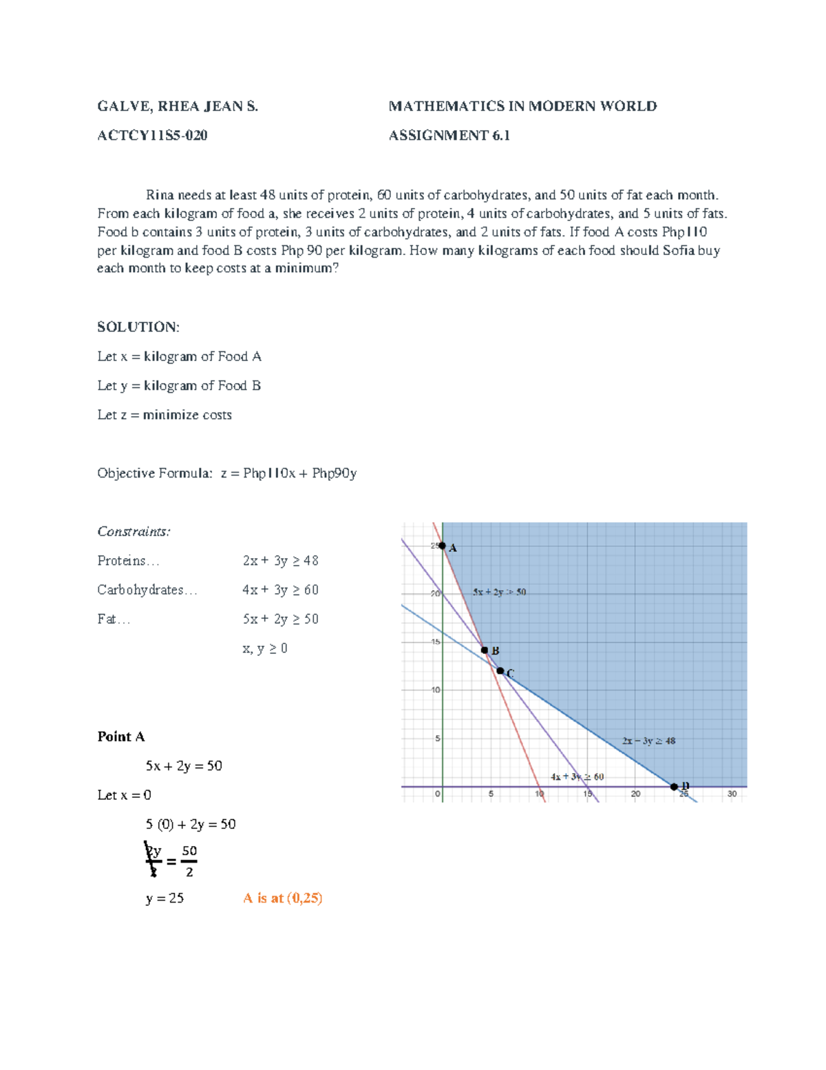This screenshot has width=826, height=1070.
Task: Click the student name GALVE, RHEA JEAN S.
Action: tap(178, 106)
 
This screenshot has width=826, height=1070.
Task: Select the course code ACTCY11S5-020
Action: tap(152, 135)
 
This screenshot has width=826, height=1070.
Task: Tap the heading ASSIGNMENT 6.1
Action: tap(449, 135)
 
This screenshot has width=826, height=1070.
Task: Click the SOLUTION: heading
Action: tap(138, 327)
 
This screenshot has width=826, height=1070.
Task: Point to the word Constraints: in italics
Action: tap(134, 531)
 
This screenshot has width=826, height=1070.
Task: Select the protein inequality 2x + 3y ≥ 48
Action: tap(280, 561)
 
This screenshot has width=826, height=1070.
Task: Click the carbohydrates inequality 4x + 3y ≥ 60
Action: tap(280, 590)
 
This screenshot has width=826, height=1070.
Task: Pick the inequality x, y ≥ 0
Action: tap(265, 648)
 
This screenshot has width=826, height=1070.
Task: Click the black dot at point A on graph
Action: tap(442, 546)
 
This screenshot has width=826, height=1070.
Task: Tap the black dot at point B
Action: tap(485, 650)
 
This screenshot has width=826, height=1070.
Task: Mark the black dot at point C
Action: tap(500, 670)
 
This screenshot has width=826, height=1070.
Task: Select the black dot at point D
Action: tap(674, 786)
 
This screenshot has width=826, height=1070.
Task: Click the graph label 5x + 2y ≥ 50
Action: tap(499, 592)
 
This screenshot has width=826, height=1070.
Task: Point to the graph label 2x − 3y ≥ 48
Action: tap(648, 741)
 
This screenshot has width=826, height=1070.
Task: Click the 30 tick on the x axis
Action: tap(732, 794)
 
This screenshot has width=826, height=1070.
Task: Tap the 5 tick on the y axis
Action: tap(436, 738)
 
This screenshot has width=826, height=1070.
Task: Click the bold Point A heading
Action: tap(121, 737)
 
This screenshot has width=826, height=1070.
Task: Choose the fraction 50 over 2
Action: tap(189, 861)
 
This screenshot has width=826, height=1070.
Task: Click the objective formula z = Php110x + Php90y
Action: tap(288, 473)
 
